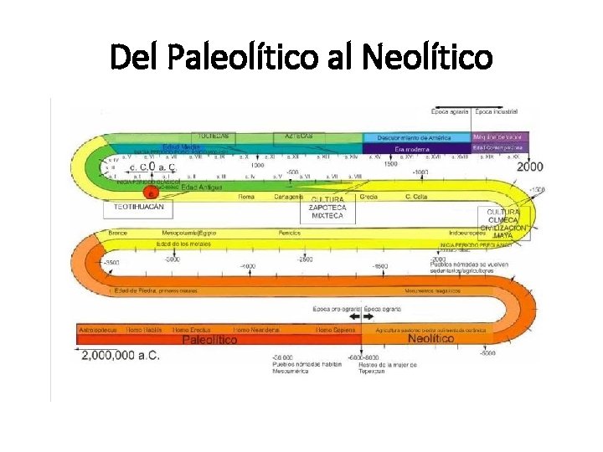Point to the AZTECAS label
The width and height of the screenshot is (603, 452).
coord(299,136)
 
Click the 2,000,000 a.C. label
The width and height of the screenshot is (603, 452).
coord(121,355)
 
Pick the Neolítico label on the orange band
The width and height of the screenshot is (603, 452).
coord(430,339)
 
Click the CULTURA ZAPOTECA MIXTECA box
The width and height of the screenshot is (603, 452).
coord(327,208)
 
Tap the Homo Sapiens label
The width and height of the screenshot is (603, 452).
coord(335,330)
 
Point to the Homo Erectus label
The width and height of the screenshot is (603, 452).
coord(193,330)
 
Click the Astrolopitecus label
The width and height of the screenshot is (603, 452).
coord(97,330)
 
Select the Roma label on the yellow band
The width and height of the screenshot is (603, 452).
coord(246,197)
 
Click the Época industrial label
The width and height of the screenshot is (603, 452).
coord(497,110)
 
